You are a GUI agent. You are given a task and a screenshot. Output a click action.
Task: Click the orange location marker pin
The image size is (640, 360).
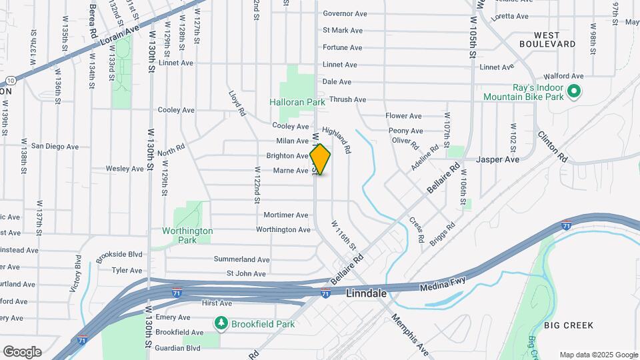(320, 159)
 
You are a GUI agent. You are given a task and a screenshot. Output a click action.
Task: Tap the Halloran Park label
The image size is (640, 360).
(297, 102)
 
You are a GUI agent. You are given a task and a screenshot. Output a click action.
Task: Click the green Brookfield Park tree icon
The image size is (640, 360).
(221, 323)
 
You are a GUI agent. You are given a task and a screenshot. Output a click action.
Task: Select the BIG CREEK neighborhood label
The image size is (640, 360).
(568, 325)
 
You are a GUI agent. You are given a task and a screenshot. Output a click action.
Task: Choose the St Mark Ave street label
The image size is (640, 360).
(342, 30)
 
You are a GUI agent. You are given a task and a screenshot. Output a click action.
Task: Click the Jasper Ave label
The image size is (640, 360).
(497, 160)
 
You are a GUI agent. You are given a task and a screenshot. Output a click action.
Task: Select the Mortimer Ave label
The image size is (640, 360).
(286, 215)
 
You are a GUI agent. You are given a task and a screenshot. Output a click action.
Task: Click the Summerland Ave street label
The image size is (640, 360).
(241, 259)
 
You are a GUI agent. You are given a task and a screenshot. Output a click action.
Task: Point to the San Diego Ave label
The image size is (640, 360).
(55, 147)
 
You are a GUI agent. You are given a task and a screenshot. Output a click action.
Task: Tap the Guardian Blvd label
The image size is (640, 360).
(178, 348)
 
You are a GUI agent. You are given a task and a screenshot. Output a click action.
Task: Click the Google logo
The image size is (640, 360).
(22, 351)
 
